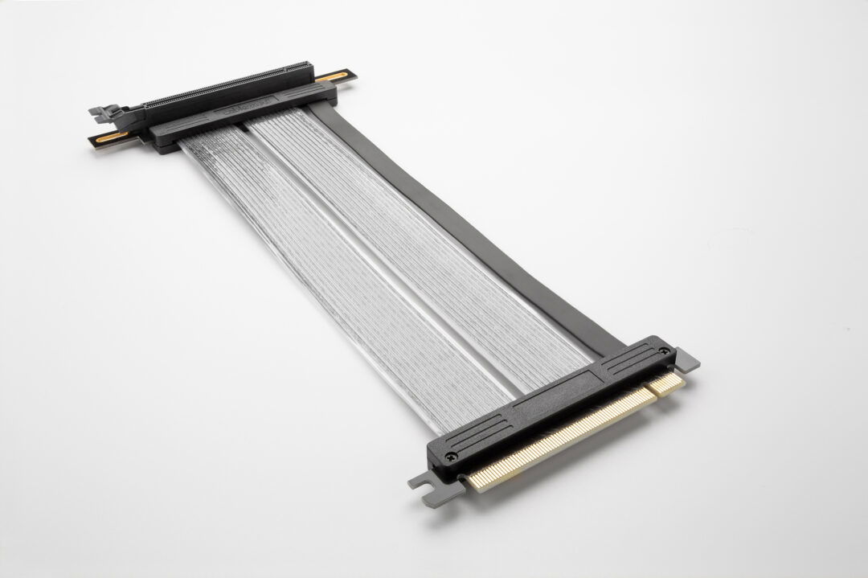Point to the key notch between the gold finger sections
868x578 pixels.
(647, 396)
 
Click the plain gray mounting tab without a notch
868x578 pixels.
(686, 363)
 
